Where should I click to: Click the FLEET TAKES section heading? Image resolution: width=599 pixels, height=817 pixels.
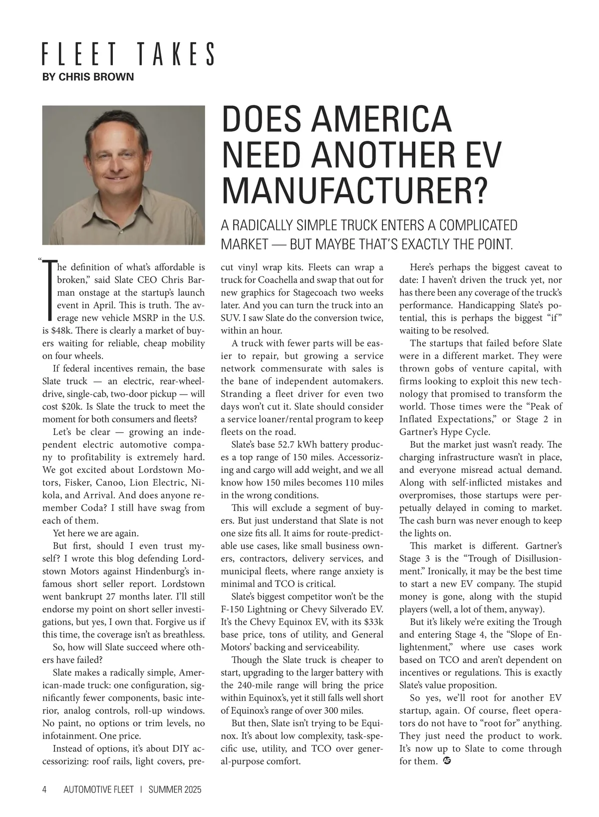128,54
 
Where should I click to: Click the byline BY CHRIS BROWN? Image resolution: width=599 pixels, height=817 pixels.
88,77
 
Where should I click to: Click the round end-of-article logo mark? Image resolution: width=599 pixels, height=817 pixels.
447,761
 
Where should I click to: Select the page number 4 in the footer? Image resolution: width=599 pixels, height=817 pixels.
44,790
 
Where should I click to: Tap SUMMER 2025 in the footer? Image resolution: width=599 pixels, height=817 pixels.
175,790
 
